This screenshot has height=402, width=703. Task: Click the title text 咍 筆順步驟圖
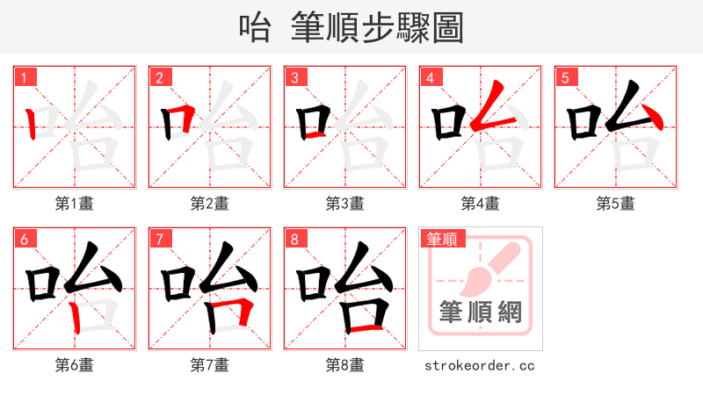[x=351, y=27]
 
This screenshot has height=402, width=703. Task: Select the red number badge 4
[x=430, y=77]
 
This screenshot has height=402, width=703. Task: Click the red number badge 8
[x=294, y=239]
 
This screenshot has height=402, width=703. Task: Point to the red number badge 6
[x=24, y=239]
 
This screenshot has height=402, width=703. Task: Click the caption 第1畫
[x=74, y=204]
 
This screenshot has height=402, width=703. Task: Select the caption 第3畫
[x=344, y=204]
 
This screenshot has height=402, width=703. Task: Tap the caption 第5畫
[x=615, y=204]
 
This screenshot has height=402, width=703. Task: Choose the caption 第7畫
[x=209, y=365]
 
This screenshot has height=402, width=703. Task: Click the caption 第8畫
[x=344, y=365]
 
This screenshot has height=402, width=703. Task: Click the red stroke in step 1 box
[x=31, y=124]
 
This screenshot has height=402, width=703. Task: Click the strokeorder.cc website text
[x=479, y=365]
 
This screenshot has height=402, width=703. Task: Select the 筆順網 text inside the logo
[x=480, y=311]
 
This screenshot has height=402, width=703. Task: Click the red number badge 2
[x=159, y=77]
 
